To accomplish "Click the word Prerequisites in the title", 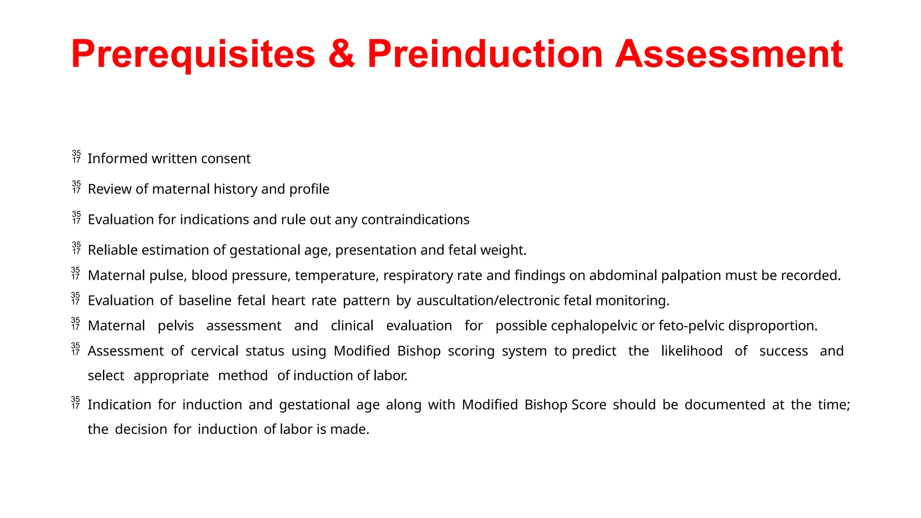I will click(x=193, y=54).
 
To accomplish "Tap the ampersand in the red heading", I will click(x=341, y=54).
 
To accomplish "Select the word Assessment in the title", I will click(x=729, y=54).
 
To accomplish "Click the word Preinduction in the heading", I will click(x=485, y=54).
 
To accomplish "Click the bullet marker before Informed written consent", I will click(x=76, y=156).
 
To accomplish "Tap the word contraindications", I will click(x=415, y=219).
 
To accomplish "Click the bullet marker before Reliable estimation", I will click(x=76, y=248).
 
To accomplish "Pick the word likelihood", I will click(x=691, y=351).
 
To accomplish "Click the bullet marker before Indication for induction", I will click(x=76, y=403).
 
